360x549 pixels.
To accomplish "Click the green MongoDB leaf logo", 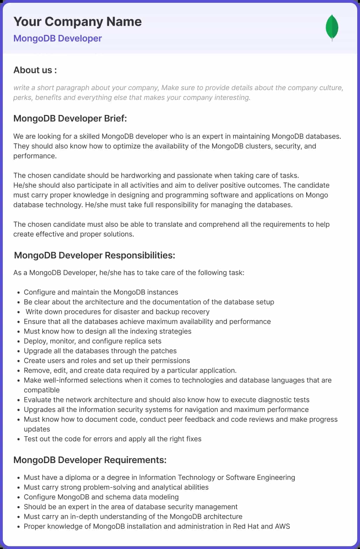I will [x=332, y=27].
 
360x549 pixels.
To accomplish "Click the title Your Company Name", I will [x=77, y=22].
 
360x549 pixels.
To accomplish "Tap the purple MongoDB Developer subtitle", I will [x=58, y=38].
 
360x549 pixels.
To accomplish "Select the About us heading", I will [x=35, y=70].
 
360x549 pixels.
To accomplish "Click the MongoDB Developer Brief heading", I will [x=70, y=118].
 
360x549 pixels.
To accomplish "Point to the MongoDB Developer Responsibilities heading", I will [x=94, y=255].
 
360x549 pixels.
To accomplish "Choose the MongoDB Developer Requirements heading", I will [x=90, y=460].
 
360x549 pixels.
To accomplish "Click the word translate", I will [x=167, y=224].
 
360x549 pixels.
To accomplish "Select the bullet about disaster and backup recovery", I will [x=117, y=312].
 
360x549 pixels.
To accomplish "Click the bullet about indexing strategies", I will [x=108, y=331].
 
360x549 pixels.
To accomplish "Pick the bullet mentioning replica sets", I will [x=93, y=341].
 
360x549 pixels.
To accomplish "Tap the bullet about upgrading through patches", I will [x=100, y=351].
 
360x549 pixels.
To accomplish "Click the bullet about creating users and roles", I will [x=107, y=360].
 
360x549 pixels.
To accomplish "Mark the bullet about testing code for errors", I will [x=113, y=439].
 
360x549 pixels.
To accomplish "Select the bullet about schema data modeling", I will [x=101, y=497].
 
